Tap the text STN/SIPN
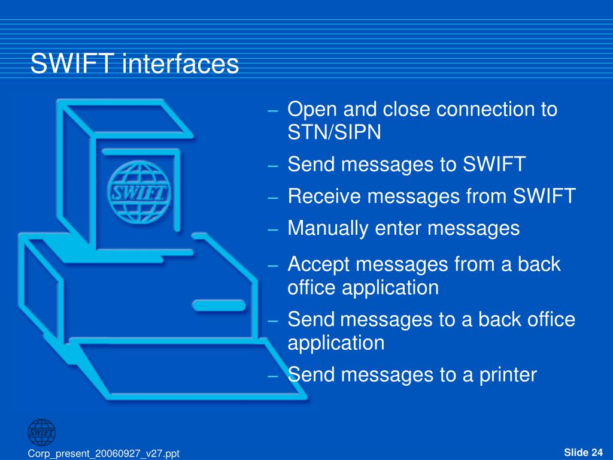click(334, 132)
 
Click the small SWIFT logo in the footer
click(41, 431)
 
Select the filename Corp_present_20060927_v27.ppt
click(104, 454)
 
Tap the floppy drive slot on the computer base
click(219, 305)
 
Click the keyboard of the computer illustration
click(180, 365)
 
